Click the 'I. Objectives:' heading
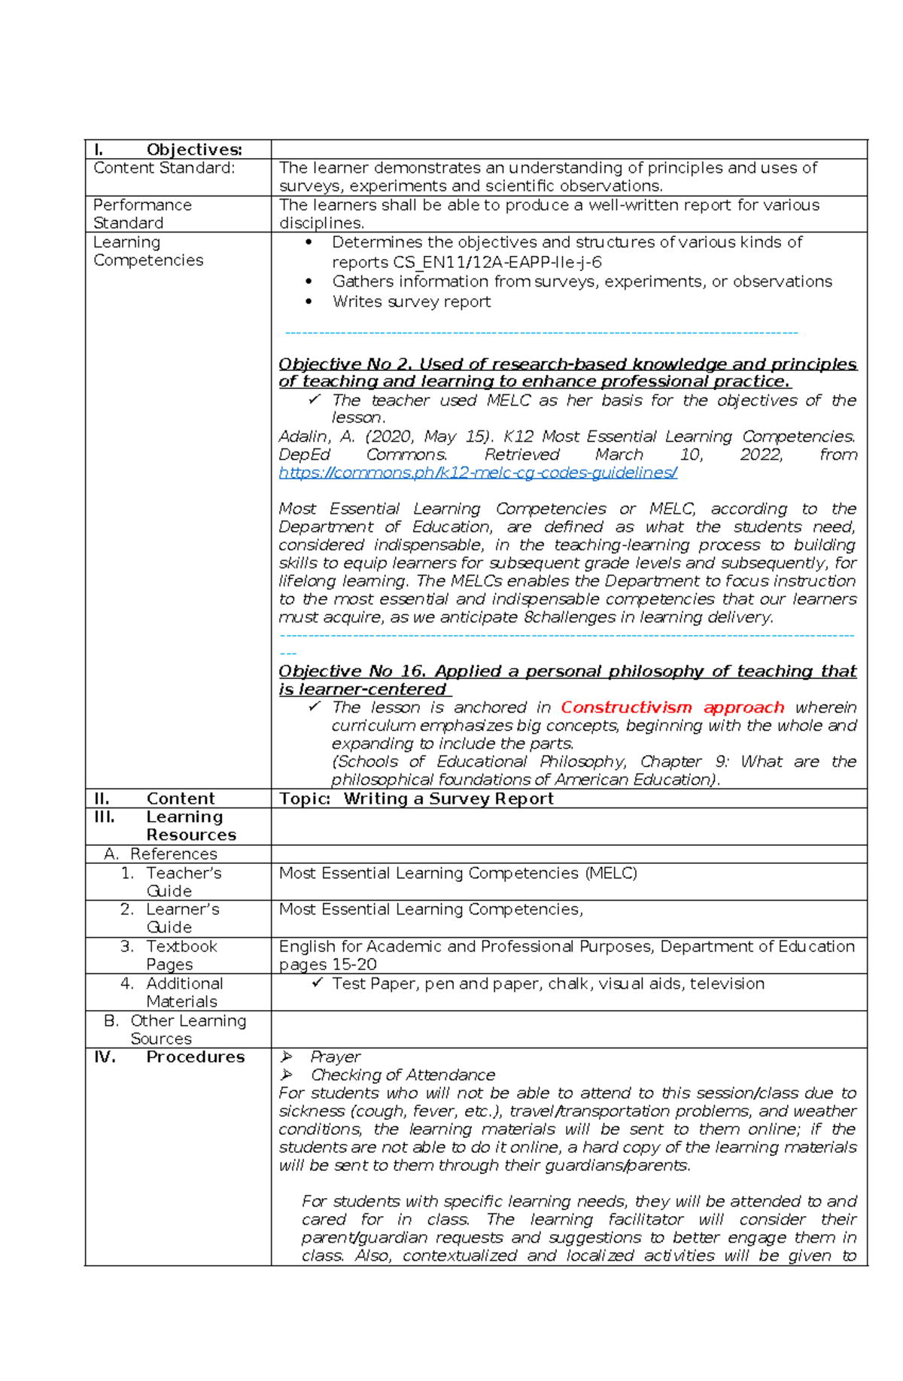click(x=168, y=149)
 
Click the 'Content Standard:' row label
click(x=164, y=168)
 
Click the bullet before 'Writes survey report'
click(x=309, y=302)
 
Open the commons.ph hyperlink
click(x=478, y=473)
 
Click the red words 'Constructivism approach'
click(x=672, y=707)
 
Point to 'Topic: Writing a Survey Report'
click(x=416, y=798)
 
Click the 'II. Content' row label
click(x=154, y=798)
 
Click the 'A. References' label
click(x=161, y=853)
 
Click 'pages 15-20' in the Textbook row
click(x=328, y=964)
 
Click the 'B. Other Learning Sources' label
click(x=175, y=1029)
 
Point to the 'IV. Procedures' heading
click(x=169, y=1057)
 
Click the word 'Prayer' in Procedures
click(x=336, y=1057)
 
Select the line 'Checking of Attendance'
click(x=403, y=1075)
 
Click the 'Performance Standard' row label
click(x=142, y=214)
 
